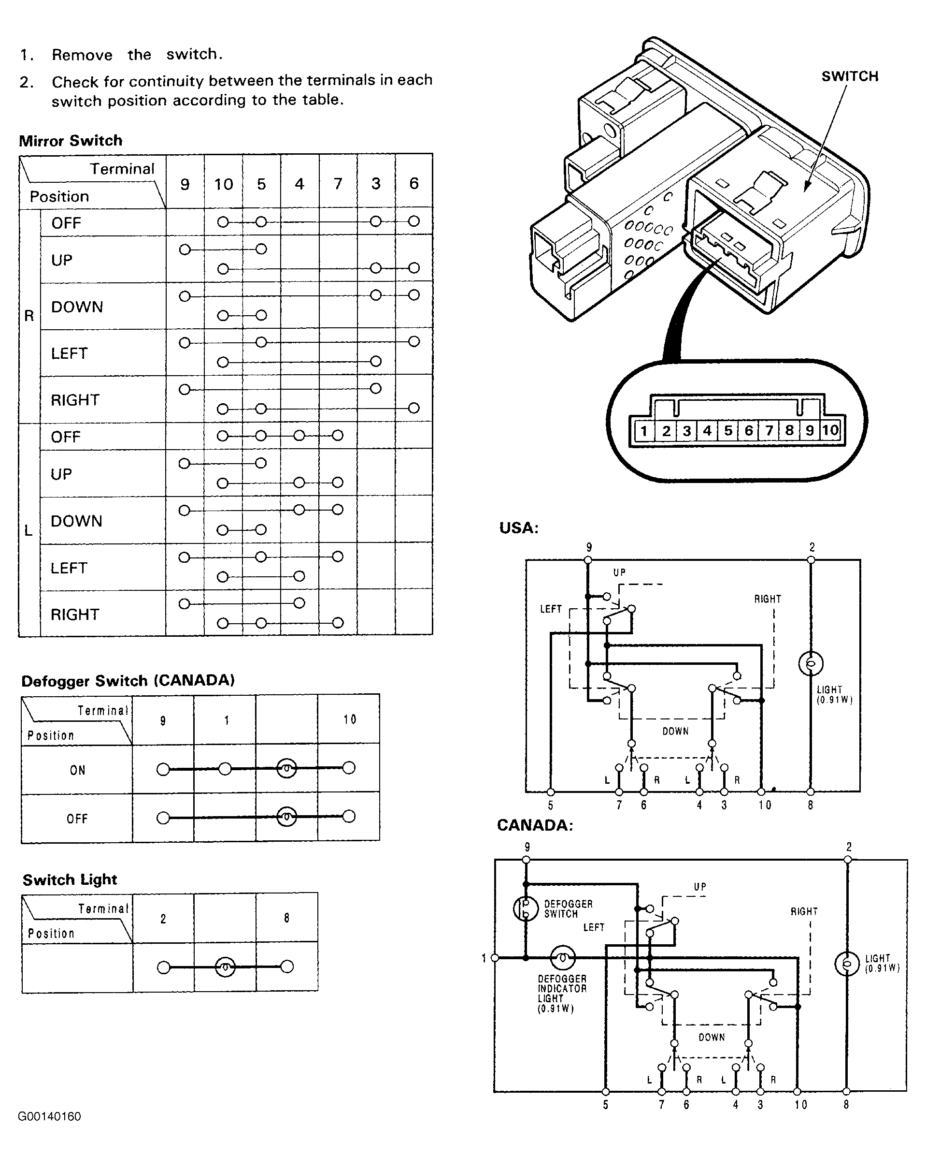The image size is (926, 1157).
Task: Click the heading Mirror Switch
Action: point(71,141)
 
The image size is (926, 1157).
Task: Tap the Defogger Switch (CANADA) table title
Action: point(128,680)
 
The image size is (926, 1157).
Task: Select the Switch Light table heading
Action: point(70,879)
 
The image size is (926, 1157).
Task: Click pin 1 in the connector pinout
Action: point(643,430)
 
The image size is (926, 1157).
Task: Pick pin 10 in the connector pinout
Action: point(830,430)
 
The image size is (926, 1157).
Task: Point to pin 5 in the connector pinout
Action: point(728,430)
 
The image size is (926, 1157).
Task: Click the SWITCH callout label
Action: point(850,76)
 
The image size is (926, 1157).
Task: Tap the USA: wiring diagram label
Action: point(519,528)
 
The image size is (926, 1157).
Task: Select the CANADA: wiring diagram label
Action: point(535,825)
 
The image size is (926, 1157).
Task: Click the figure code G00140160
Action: point(49,1116)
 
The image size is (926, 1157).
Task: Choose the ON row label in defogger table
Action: point(78,770)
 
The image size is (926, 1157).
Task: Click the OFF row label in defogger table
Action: point(77,819)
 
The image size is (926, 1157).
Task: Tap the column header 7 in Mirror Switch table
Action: point(338,184)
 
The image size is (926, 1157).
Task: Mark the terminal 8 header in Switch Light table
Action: point(287,918)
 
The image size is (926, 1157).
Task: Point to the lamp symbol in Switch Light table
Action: point(225,967)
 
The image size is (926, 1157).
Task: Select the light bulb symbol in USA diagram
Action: point(811,664)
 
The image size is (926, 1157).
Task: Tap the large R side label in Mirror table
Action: point(29,316)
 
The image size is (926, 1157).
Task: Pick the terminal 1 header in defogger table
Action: point(227,720)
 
